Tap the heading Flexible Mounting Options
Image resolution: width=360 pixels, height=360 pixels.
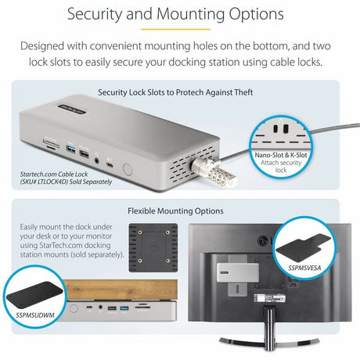(x=175, y=211)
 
